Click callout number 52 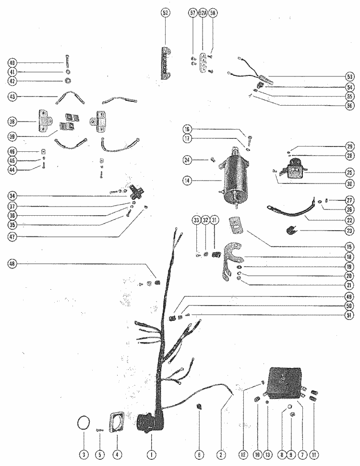click(x=165, y=13)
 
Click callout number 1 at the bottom click(x=151, y=454)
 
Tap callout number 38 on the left click(x=13, y=122)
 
